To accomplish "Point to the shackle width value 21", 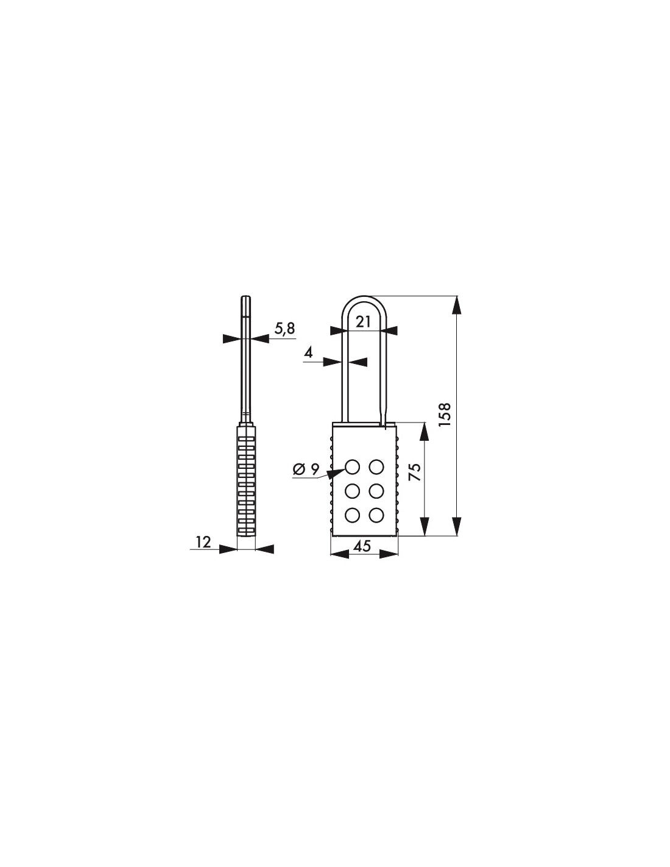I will [363, 322].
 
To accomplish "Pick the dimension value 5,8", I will [284, 329].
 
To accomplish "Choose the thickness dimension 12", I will [203, 541].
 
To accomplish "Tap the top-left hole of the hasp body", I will [352, 467].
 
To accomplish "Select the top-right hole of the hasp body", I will [376, 467].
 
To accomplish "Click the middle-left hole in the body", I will [352, 491].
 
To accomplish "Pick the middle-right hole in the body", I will [376, 491].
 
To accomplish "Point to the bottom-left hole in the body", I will [352, 515].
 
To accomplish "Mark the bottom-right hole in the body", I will [376, 515].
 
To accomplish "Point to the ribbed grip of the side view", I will [245, 482].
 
